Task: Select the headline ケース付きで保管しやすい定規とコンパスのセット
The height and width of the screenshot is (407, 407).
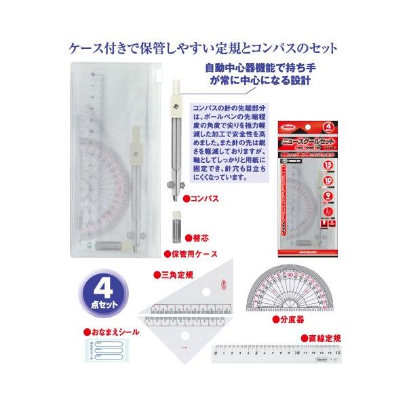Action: [x=203, y=48]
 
